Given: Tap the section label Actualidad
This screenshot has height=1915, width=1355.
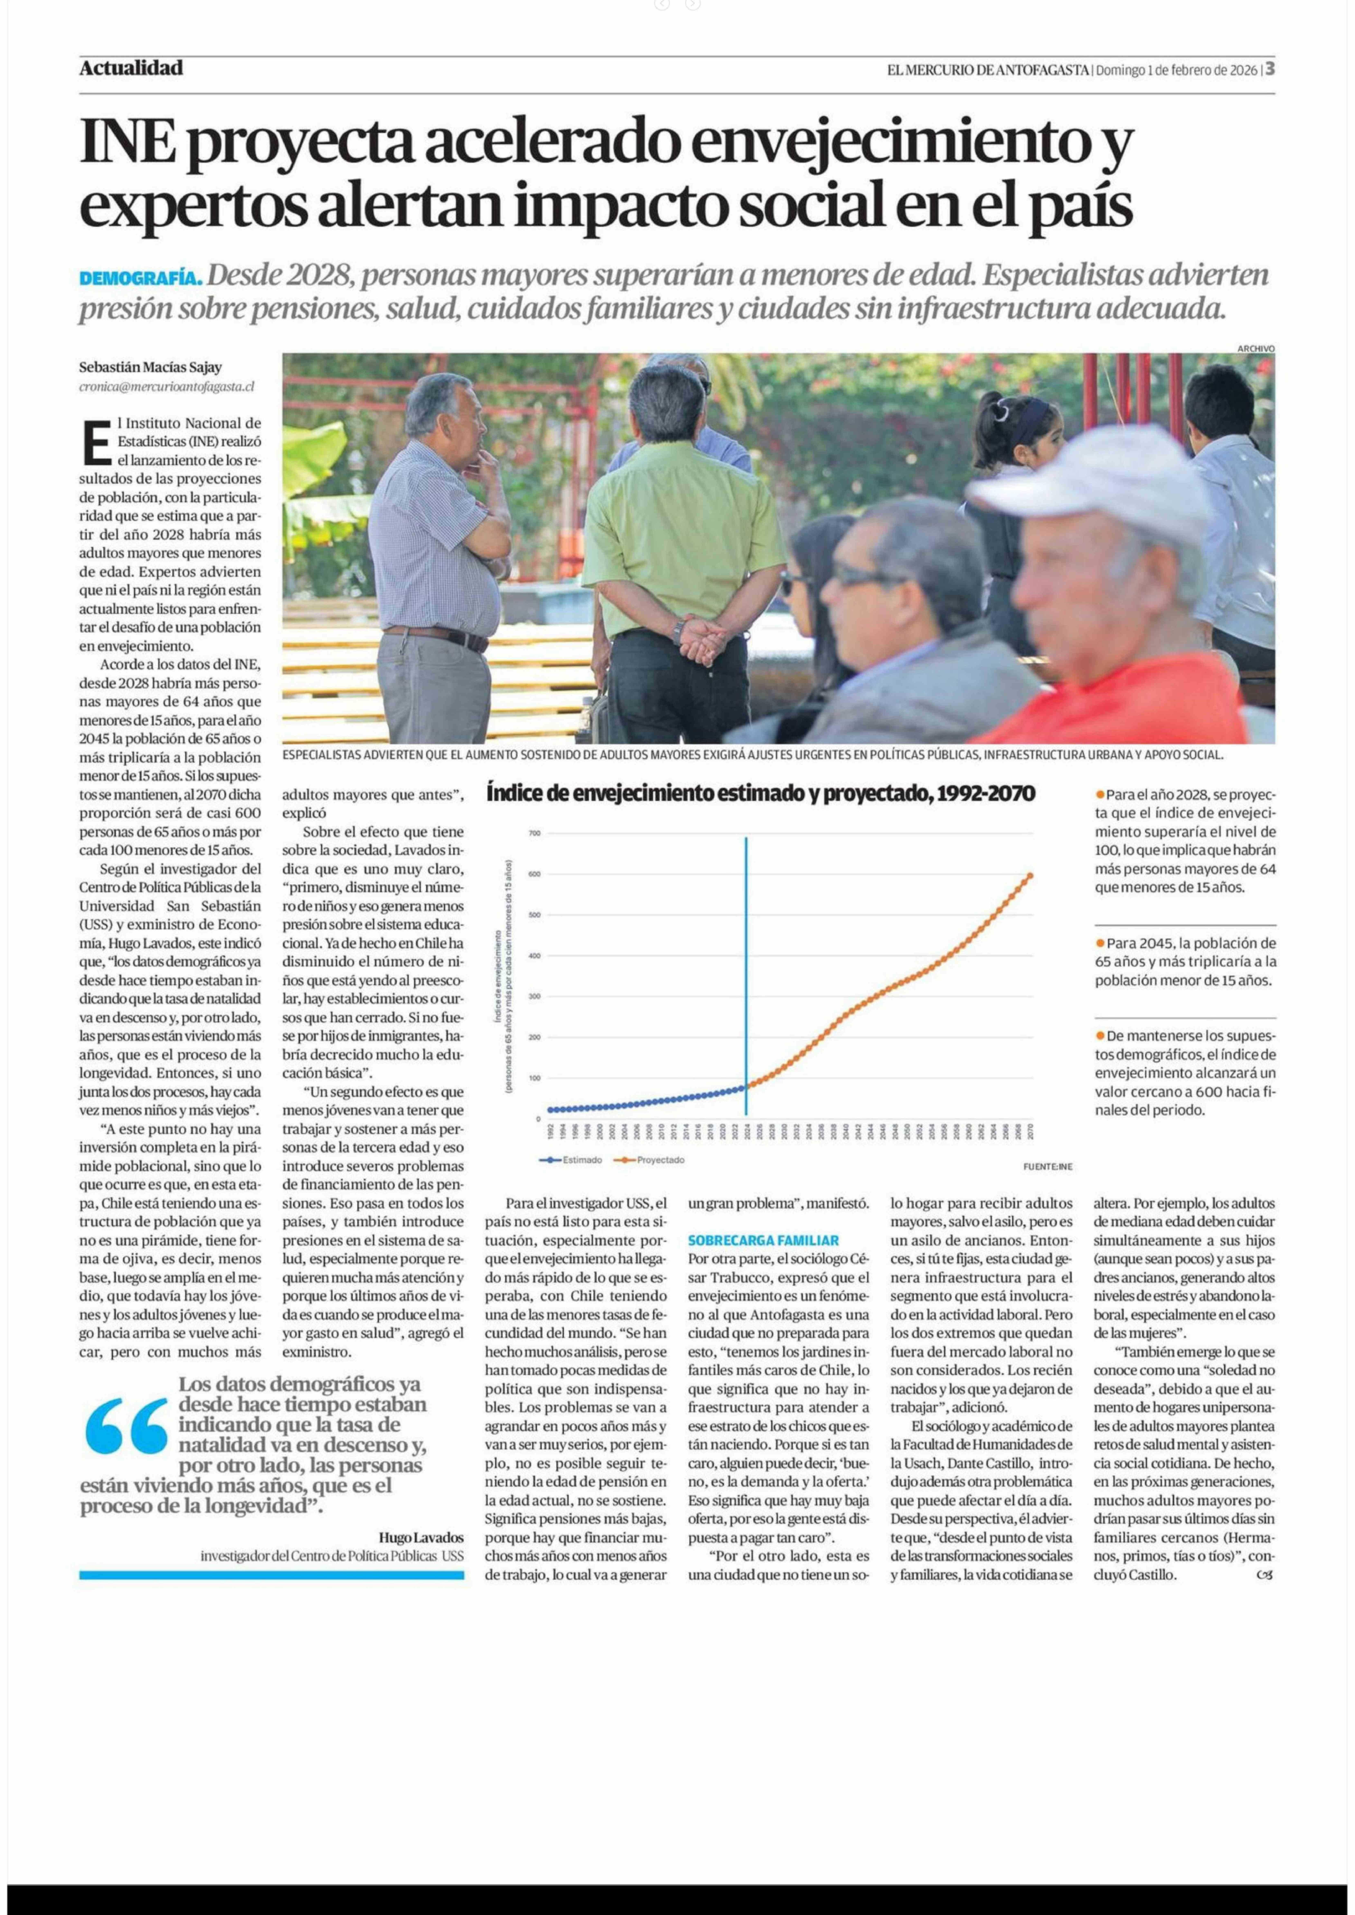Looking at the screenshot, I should (x=131, y=68).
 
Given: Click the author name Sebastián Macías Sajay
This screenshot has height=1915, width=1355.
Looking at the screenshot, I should (x=150, y=367).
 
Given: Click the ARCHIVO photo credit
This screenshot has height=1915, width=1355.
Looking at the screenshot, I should (x=1256, y=349).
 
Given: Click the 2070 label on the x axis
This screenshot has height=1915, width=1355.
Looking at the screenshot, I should (x=1031, y=1131).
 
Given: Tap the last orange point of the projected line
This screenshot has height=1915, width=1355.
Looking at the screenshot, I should (x=1031, y=875).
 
